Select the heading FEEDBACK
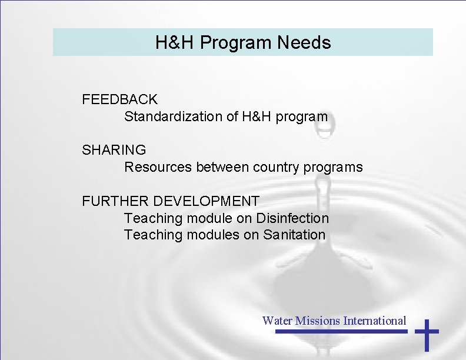120,99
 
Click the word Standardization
174,116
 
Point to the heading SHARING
114,150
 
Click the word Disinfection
292,218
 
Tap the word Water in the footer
277,321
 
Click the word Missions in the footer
318,321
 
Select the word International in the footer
375,321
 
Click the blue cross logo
427,334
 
